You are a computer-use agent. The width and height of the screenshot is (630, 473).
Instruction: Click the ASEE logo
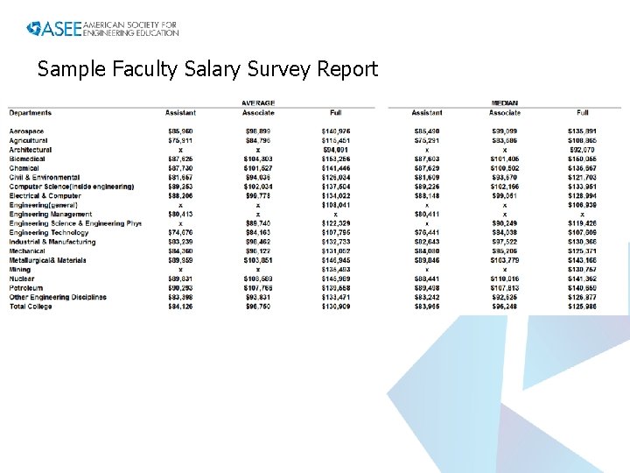(102, 28)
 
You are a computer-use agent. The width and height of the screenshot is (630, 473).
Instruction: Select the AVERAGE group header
(258, 103)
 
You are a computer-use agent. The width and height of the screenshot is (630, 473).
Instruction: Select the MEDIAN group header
(505, 103)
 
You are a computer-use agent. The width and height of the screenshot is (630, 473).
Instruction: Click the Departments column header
(31, 113)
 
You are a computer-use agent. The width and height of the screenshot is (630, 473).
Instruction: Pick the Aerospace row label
(27, 131)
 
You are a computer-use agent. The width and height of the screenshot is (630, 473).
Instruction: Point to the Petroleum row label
(26, 288)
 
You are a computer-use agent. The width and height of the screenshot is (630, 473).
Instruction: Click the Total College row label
(31, 307)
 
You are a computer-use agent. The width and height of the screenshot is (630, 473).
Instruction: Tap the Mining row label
(20, 270)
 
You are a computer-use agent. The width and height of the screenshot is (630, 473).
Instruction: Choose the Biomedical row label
(28, 159)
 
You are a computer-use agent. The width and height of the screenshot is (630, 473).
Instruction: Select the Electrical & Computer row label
(45, 195)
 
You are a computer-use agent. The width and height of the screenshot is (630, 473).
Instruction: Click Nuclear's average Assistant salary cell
(180, 279)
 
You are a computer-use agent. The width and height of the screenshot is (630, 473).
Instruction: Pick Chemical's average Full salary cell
(336, 168)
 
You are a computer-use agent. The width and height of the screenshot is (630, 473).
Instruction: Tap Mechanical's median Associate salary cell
(505, 251)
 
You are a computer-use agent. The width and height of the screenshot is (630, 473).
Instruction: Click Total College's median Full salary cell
(582, 307)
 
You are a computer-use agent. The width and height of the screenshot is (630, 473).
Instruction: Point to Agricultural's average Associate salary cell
(258, 140)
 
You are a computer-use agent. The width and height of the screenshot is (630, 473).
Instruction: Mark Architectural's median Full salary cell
(582, 150)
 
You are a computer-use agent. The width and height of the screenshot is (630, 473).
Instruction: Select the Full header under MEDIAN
(583, 113)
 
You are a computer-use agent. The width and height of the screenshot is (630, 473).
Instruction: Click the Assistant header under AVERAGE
(180, 113)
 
